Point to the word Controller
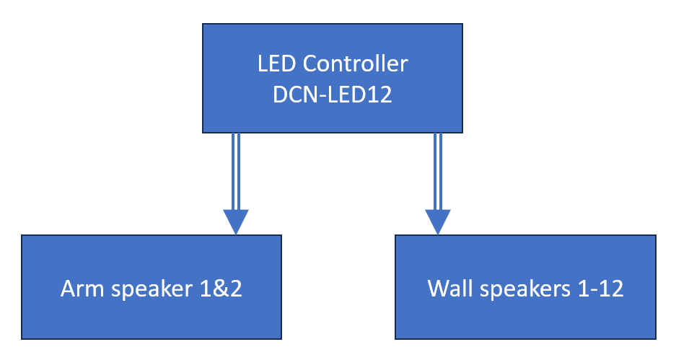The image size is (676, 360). coord(355,64)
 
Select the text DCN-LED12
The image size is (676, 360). coord(332,95)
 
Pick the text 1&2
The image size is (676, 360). coord(221,289)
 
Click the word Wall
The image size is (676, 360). coord(447,289)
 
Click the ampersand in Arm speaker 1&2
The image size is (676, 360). coord(221,289)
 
